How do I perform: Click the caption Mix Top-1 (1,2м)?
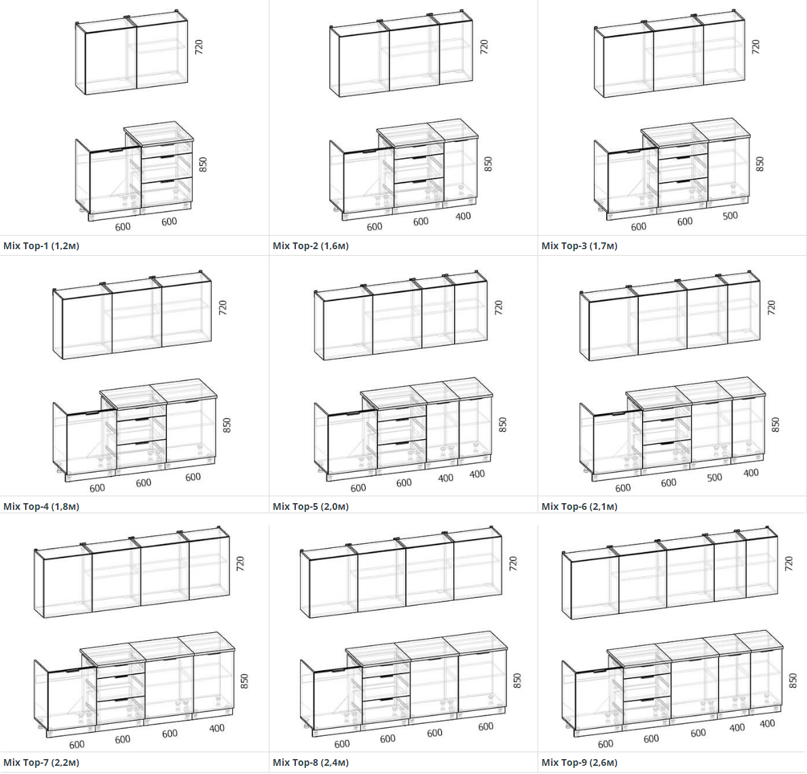(41, 246)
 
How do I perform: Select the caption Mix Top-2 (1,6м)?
(310, 246)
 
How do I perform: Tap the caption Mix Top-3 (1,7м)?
(579, 246)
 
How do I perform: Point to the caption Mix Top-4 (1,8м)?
(41, 506)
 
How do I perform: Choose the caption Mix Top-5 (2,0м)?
(310, 506)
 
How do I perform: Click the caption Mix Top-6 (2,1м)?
(579, 506)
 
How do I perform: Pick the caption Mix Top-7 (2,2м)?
(41, 762)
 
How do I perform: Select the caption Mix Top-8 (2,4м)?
(310, 762)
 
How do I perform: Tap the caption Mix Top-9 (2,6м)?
(579, 762)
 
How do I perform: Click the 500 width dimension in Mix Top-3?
(730, 216)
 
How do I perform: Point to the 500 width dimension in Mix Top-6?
(715, 477)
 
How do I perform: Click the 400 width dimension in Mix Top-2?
(463, 217)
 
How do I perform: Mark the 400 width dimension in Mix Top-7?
(217, 728)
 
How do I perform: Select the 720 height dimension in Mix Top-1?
(199, 46)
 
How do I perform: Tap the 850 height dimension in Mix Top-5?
(503, 424)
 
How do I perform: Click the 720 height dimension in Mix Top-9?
(789, 563)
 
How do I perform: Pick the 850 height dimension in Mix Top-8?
(517, 680)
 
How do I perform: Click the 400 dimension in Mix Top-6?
(751, 473)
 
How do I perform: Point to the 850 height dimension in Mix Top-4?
(227, 425)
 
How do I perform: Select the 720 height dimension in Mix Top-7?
(240, 563)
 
